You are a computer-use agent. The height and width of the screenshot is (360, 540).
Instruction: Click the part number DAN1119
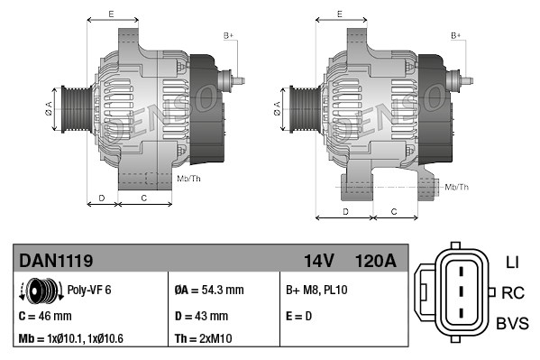(56, 261)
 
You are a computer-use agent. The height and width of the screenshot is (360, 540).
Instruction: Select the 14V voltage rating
(319, 261)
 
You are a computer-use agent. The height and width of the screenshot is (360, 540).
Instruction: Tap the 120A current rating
(377, 261)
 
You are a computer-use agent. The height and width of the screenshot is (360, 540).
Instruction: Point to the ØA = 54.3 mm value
(208, 291)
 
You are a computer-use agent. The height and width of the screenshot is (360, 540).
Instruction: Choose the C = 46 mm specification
(45, 316)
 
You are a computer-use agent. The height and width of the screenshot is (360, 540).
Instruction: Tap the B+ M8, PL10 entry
(316, 291)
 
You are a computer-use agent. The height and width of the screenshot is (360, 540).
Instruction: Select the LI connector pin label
(511, 262)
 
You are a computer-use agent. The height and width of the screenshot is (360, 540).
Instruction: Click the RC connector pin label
(513, 292)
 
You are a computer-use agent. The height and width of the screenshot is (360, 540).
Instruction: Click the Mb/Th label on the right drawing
(457, 187)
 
